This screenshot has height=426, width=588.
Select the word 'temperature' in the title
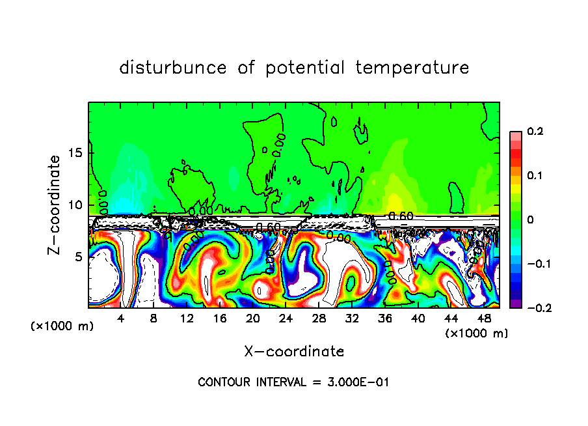pyautogui.click(x=412, y=68)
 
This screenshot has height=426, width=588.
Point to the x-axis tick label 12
pyautogui.click(x=187, y=319)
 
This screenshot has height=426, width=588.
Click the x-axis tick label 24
pyautogui.click(x=286, y=319)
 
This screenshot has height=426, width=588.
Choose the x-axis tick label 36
pyautogui.click(x=384, y=319)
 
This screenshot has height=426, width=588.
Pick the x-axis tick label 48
pyautogui.click(x=483, y=319)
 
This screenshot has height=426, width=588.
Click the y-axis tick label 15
pyautogui.click(x=75, y=153)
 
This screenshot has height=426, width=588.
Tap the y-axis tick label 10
pyautogui.click(x=75, y=205)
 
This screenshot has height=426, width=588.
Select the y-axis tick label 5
pyautogui.click(x=79, y=257)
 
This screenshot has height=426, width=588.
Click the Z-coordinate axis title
pyautogui.click(x=55, y=205)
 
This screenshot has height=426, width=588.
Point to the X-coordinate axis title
pyautogui.click(x=294, y=352)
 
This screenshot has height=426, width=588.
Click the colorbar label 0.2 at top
pyautogui.click(x=535, y=132)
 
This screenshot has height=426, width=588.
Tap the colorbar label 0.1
pyautogui.click(x=535, y=176)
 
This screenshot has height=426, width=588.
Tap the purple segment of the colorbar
pyautogui.click(x=515, y=304)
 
